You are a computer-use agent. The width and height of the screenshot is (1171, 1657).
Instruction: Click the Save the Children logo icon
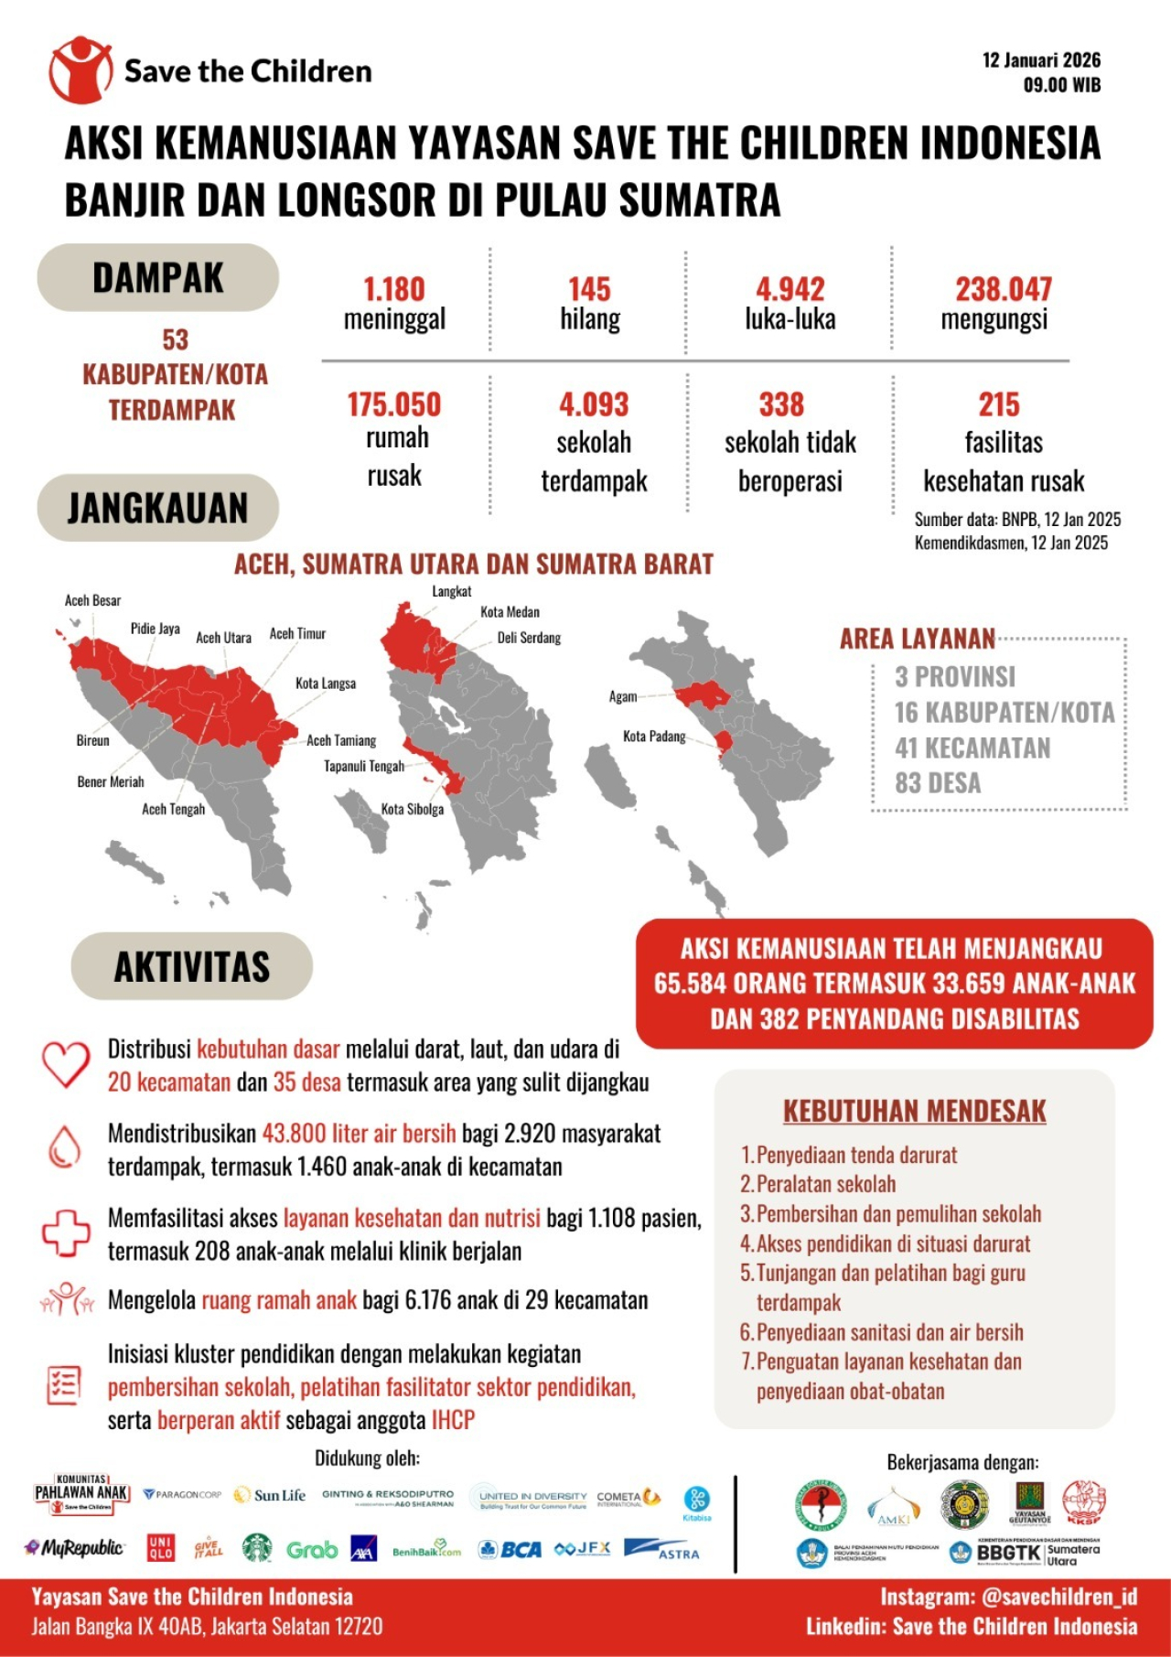pyautogui.click(x=81, y=70)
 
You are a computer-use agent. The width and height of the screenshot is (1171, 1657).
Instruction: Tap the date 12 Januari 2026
pyautogui.click(x=1041, y=60)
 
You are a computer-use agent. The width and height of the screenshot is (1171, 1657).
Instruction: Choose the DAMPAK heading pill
pyautogui.click(x=157, y=278)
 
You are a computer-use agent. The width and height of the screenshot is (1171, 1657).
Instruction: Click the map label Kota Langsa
pyautogui.click(x=326, y=683)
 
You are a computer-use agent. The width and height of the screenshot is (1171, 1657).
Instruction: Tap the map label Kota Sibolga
pyautogui.click(x=412, y=810)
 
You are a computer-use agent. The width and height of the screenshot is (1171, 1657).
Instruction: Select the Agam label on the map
pyautogui.click(x=623, y=696)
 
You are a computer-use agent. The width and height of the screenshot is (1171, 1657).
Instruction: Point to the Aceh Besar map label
pyautogui.click(x=92, y=600)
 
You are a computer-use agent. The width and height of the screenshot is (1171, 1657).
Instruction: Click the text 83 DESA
pyautogui.click(x=938, y=783)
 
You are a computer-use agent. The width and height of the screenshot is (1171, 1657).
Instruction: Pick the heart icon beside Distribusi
pyautogui.click(x=66, y=1064)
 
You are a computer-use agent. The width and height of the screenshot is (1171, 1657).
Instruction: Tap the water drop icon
pyautogui.click(x=64, y=1147)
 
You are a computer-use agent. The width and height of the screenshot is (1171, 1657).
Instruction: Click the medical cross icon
pyautogui.click(x=66, y=1232)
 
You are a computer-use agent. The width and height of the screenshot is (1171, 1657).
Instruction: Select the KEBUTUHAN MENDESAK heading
pyautogui.click(x=914, y=1111)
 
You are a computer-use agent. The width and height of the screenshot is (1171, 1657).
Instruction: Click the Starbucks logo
pyautogui.click(x=257, y=1548)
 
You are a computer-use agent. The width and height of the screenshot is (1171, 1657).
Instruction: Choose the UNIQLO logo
pyautogui.click(x=161, y=1548)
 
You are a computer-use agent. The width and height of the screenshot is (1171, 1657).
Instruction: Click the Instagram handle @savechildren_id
pyautogui.click(x=1058, y=1597)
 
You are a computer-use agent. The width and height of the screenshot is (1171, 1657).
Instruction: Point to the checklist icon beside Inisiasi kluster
pyautogui.click(x=64, y=1385)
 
